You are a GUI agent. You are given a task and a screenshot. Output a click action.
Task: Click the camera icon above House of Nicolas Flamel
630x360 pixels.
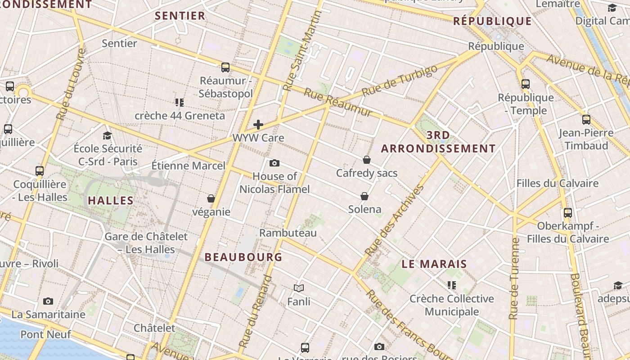(274, 163)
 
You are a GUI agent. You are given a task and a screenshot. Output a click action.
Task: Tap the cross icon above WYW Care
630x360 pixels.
(258, 125)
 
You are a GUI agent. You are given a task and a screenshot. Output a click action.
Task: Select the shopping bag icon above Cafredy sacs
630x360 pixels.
(367, 160)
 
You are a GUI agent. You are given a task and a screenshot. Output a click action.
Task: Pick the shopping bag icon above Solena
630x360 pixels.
(364, 196)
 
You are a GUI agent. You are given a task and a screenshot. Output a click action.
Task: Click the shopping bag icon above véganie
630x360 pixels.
(211, 198)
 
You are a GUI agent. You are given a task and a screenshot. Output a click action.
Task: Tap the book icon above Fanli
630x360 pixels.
(299, 288)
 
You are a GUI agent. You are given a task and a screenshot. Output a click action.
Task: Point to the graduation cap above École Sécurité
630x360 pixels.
(107, 135)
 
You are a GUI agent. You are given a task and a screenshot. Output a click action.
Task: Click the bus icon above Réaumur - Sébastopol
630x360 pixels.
(225, 67)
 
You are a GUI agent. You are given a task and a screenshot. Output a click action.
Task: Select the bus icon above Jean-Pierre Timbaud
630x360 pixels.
(586, 120)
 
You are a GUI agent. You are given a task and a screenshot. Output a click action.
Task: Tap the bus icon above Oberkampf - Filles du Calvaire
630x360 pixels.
(568, 213)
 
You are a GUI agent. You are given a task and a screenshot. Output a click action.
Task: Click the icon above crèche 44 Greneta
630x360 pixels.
(180, 103)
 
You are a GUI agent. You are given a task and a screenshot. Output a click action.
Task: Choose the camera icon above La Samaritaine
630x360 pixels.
(48, 301)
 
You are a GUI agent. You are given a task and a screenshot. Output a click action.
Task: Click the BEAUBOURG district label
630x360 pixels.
(243, 257)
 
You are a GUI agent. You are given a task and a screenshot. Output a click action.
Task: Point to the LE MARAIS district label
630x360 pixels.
(434, 264)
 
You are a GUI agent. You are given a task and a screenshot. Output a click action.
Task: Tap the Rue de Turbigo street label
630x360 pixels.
(399, 80)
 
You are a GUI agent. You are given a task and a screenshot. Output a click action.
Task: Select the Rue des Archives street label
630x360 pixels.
(395, 220)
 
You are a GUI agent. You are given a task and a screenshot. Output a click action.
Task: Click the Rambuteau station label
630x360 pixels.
(288, 233)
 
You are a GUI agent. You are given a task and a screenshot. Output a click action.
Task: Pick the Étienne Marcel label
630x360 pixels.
(188, 166)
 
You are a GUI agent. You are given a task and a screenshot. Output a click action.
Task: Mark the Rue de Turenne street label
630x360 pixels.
(514, 279)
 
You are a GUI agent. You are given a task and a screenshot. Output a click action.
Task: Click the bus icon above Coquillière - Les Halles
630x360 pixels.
(40, 171)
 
